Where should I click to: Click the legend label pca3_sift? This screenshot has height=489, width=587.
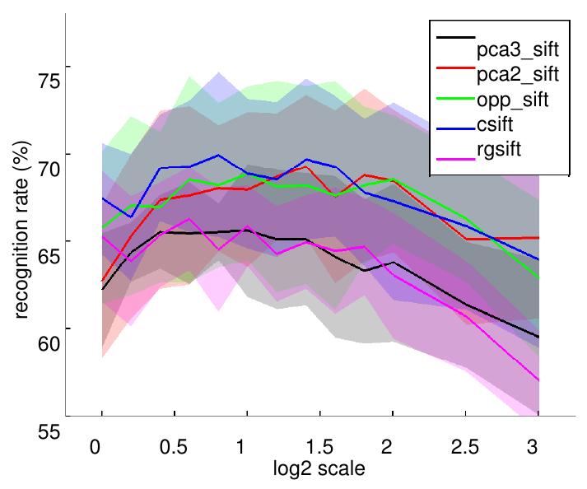tap(518, 50)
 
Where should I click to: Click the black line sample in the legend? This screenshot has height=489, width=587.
tap(454, 37)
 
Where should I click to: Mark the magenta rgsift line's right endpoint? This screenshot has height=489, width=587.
tap(538, 380)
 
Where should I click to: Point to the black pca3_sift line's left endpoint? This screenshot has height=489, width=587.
tap(101, 289)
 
